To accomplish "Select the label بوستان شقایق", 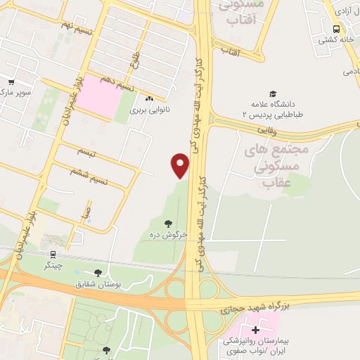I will point(117,283).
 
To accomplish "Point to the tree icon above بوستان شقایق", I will point(97,272).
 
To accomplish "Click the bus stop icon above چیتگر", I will point(53,255).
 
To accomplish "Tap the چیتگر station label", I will point(52,266).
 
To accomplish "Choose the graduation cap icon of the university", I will point(272,94).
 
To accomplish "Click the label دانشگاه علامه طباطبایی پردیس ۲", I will point(272,108).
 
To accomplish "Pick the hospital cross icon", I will point(255,329).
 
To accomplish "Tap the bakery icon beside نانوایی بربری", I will point(149,99).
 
